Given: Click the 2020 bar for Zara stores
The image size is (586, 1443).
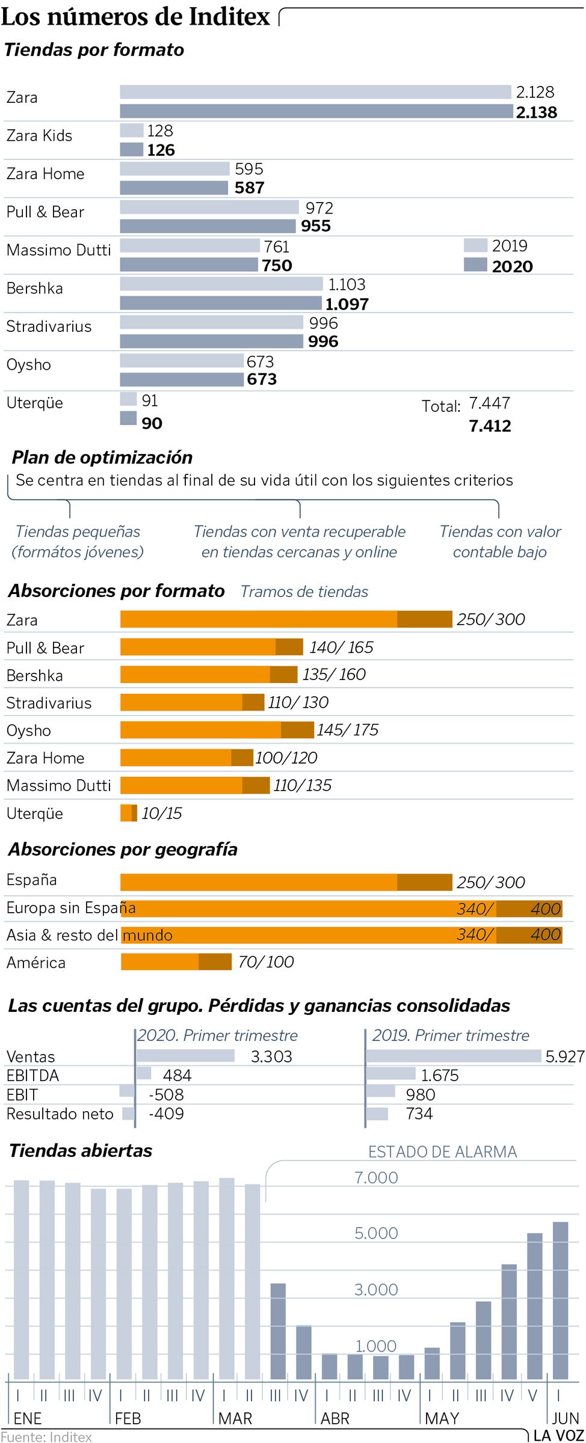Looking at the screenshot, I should click(x=316, y=111).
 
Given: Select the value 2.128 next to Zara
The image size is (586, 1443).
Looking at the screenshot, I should click(x=535, y=92).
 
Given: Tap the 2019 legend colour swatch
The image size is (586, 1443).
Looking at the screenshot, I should click(x=475, y=245).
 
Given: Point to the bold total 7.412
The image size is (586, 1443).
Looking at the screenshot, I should click(x=490, y=426).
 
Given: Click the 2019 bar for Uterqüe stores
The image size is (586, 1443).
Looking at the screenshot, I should click(x=128, y=399).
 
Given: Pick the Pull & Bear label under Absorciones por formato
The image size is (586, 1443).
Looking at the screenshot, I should click(x=45, y=648).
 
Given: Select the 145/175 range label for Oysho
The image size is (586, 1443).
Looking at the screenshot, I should click(x=348, y=730).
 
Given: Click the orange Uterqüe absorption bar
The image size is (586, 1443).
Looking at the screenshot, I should click(x=128, y=813).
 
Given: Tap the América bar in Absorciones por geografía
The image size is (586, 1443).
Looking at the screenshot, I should click(x=176, y=961).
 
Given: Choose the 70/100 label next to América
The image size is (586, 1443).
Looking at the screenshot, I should click(x=266, y=962).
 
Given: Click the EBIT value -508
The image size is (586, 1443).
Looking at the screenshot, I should click(x=166, y=1094).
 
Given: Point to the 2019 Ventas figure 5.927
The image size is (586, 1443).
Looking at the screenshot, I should click(x=564, y=1056).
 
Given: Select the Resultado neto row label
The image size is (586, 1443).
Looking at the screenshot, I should click(x=60, y=1114).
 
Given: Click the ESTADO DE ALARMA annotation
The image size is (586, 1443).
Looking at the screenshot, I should click(x=442, y=1151).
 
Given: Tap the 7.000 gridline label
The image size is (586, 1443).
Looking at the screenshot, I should click(x=376, y=1177).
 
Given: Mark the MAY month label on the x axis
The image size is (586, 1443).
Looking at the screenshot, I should click(x=442, y=1418).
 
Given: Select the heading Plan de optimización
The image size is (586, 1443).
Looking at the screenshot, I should click(x=102, y=458).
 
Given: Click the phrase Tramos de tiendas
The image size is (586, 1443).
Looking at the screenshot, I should click(x=304, y=592).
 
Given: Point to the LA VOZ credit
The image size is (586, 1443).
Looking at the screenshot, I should click(x=559, y=1435).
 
